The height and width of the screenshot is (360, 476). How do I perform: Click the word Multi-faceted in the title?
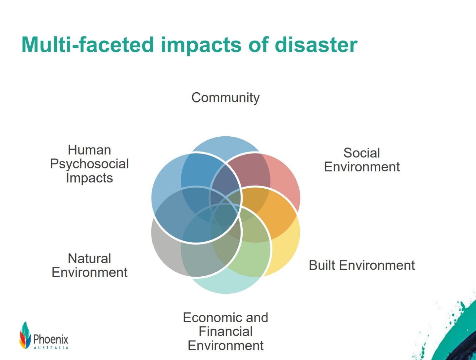pos(88,45)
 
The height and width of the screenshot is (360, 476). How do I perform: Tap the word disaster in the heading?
pos(316,45)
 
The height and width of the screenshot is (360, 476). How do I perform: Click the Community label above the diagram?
pos(225,98)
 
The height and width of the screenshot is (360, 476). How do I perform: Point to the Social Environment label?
pos(362,160)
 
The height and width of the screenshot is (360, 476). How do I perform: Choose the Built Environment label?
pos(362,266)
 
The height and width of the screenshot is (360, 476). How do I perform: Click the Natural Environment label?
pos(90,266)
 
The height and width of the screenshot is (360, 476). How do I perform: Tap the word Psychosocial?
pos(89,164)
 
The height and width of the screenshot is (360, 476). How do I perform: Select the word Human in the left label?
pos(89,150)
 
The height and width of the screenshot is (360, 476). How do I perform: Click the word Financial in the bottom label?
pos(225,331)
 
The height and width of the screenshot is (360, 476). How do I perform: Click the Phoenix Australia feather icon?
pos(25,336)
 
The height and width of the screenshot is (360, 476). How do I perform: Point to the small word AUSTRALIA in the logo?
pos(51,348)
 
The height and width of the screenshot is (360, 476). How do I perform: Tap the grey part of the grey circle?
pos(164,245)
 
